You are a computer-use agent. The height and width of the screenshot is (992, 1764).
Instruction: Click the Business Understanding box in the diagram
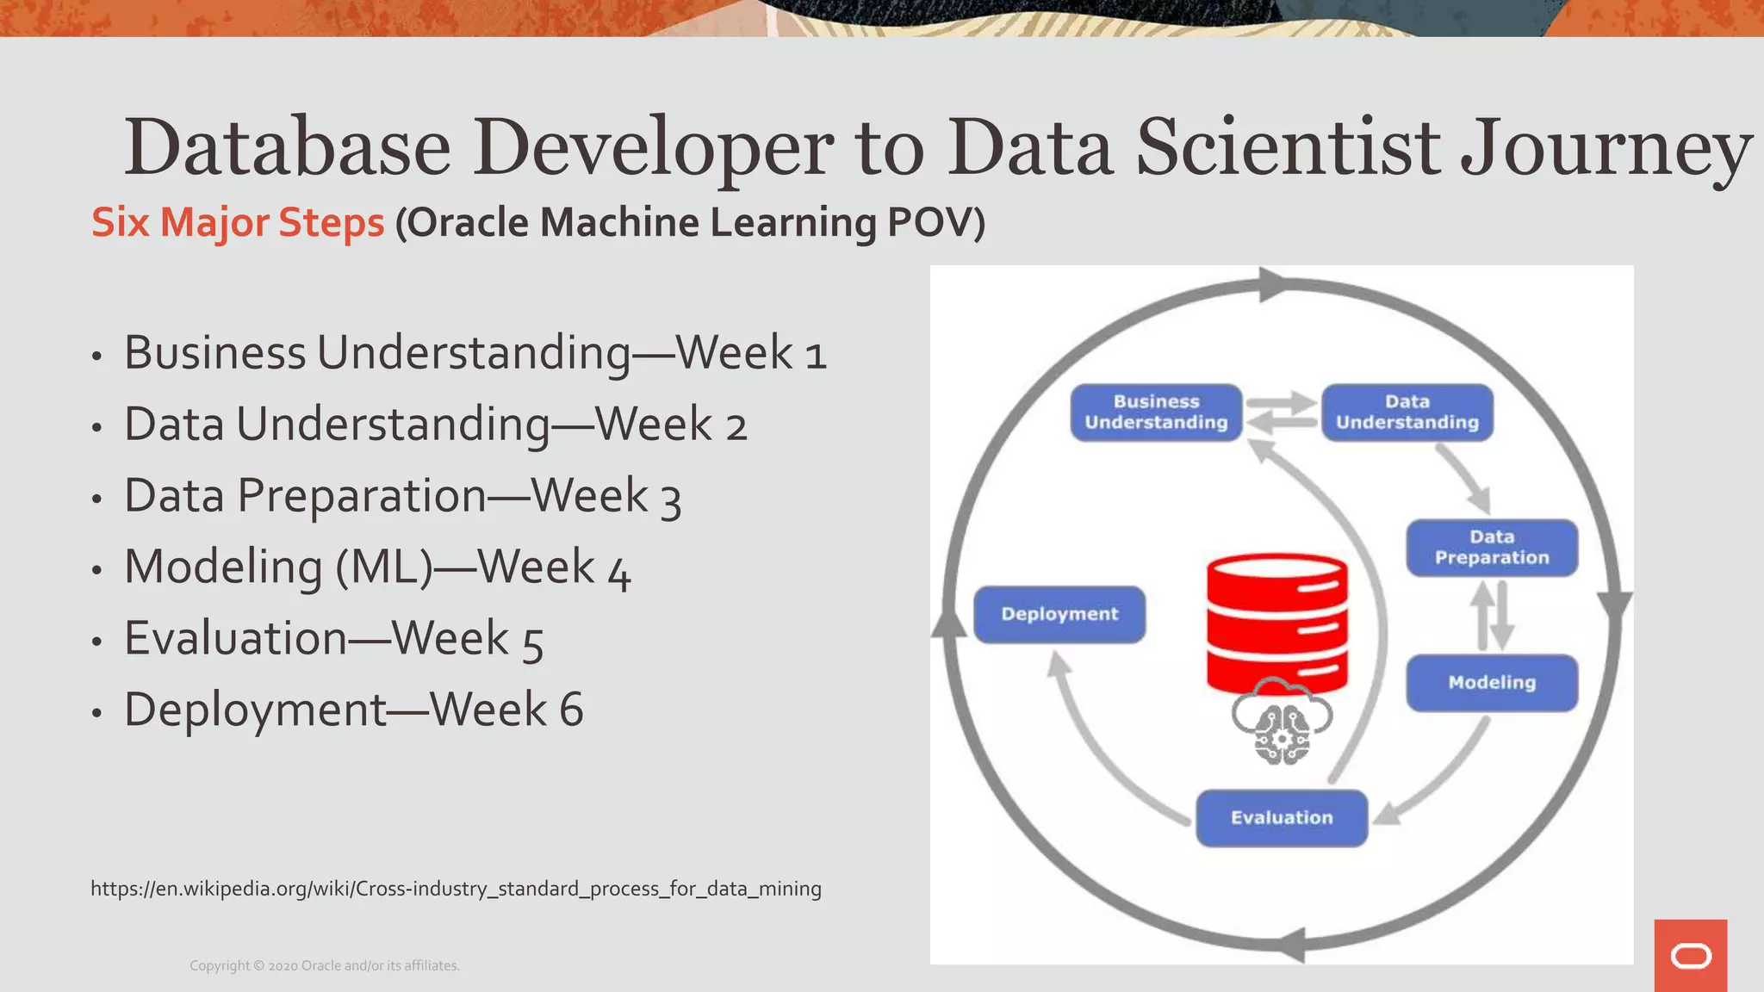pos(1156,412)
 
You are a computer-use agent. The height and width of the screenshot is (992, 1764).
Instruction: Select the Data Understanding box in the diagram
pos(1407,412)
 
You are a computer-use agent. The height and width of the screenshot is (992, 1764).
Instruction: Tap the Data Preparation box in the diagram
pos(1492,548)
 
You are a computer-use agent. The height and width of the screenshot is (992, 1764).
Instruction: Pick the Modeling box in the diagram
pos(1492,683)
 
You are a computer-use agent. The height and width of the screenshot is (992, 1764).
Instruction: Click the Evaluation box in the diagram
pos(1282,818)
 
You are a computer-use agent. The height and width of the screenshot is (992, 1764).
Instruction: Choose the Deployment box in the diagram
pos(1059,614)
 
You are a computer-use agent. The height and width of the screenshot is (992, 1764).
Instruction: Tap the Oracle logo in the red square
pos(1691,956)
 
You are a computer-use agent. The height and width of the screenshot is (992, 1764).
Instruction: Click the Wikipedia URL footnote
pos(456,889)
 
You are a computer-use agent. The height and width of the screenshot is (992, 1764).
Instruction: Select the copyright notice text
pos(325,966)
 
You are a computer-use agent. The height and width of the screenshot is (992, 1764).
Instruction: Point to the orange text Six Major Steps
pos(238,222)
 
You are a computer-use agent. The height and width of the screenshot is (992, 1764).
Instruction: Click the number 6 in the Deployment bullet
pos(571,710)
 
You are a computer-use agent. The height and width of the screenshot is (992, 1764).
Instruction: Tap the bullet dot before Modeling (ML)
pos(97,570)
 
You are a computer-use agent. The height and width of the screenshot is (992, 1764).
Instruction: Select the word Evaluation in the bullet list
pos(235,638)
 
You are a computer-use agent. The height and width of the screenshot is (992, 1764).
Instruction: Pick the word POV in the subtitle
pos(935,222)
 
